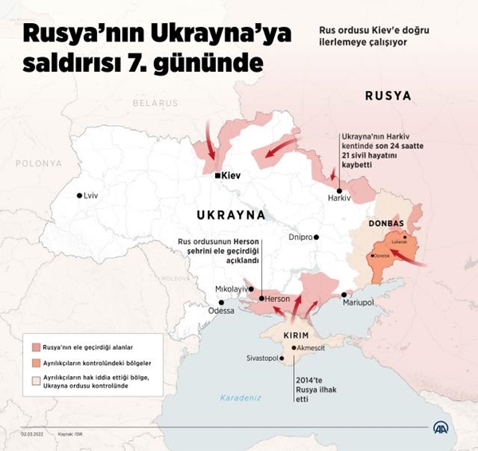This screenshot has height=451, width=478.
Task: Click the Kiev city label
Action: (232, 175)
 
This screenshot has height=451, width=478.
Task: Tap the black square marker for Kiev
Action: (218, 175)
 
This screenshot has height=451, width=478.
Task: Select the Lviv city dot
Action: (79, 195)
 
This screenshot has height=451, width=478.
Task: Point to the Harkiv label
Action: (339, 199)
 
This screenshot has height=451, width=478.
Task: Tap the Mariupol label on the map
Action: (358, 304)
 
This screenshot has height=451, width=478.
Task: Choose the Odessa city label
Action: (221, 311)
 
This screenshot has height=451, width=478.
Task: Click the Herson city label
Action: (277, 298)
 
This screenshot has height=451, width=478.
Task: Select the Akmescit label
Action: (311, 348)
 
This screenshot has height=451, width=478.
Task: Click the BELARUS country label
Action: (155, 104)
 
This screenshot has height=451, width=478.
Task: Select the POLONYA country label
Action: (38, 163)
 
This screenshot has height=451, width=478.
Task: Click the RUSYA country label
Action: (388, 96)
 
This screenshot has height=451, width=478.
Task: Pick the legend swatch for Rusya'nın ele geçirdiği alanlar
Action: (36, 347)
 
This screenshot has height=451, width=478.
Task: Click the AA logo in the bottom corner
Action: (441, 429)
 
